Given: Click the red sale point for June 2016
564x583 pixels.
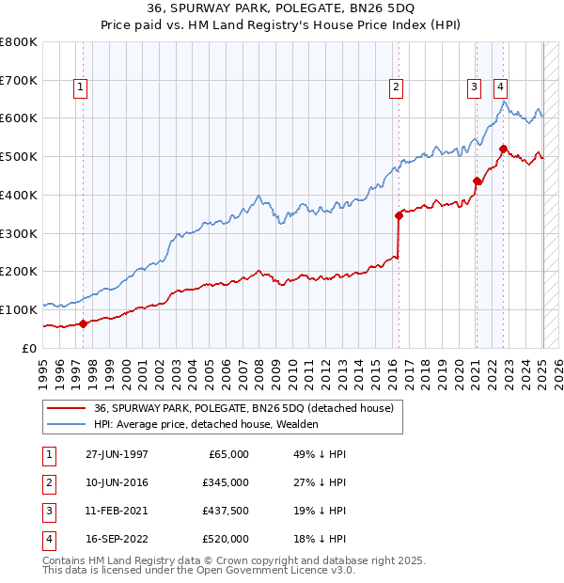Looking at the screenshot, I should (x=399, y=215).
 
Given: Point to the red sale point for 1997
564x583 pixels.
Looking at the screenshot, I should (x=83, y=323).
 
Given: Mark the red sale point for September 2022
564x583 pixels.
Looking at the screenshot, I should (x=503, y=149).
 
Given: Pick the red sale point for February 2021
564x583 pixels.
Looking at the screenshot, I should (x=477, y=181).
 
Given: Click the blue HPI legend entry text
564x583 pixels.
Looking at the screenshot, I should (x=206, y=424).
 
